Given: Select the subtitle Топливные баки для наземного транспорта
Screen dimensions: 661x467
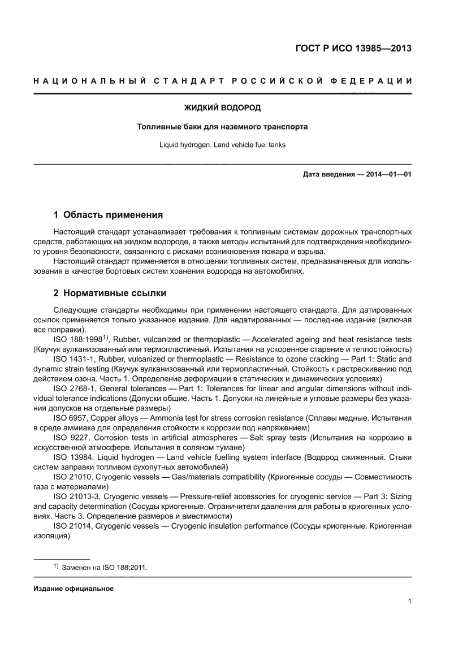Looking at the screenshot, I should click(x=223, y=127).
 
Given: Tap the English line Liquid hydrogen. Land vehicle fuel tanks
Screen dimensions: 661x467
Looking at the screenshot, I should click(x=223, y=145).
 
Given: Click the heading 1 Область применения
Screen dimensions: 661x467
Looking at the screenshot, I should click(x=108, y=215).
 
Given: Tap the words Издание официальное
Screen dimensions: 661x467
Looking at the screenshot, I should click(x=73, y=589).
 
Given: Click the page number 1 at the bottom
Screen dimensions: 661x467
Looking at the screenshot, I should click(x=409, y=601).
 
